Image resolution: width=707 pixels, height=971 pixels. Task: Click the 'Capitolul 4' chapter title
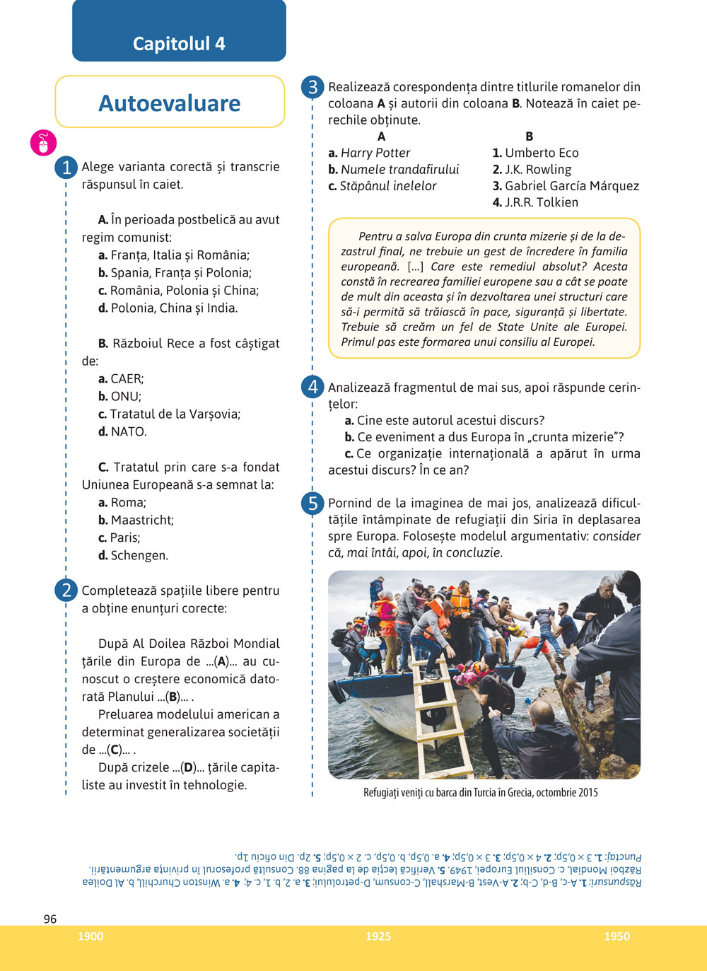(x=179, y=44)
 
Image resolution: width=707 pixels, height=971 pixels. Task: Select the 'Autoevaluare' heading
(x=170, y=103)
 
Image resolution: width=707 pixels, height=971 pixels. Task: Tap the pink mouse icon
(x=44, y=143)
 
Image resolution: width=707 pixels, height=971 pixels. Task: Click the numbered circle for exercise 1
(x=66, y=168)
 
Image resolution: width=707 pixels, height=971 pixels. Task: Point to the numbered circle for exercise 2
(x=66, y=591)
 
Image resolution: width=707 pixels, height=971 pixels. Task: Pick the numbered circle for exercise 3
(x=312, y=87)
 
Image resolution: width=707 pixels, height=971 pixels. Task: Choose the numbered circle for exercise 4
(x=312, y=387)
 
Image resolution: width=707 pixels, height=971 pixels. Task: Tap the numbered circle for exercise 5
(x=312, y=503)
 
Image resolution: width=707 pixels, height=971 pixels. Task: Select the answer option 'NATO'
(x=128, y=431)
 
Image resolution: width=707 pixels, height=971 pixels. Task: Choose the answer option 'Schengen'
(x=139, y=555)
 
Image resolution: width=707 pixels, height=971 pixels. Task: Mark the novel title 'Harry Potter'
(x=375, y=153)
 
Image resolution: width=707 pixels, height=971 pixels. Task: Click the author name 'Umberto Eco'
(x=541, y=153)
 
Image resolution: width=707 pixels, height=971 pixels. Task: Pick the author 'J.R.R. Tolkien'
(x=541, y=202)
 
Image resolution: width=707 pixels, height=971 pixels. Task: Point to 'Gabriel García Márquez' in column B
(x=571, y=186)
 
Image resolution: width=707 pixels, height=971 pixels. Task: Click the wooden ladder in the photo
(x=441, y=714)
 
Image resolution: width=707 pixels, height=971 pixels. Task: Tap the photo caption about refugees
(x=481, y=793)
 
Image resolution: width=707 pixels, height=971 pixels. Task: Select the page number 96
(x=50, y=919)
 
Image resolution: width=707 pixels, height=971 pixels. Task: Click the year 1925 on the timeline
(x=378, y=936)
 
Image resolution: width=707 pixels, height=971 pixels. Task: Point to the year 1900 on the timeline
(x=90, y=936)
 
